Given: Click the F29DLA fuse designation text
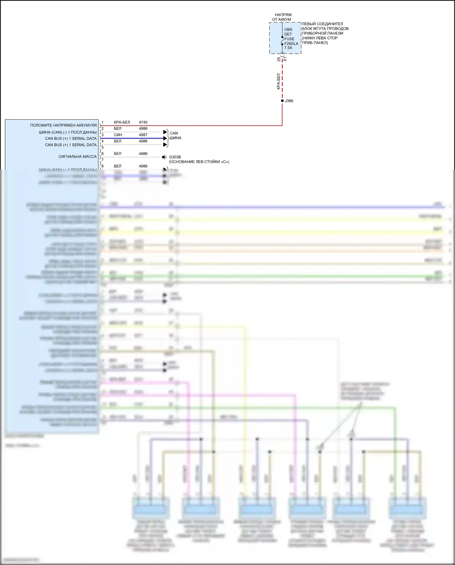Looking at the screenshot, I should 291,43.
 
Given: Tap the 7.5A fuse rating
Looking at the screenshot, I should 288,48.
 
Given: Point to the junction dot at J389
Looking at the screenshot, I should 282,101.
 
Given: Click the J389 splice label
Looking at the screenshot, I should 289,101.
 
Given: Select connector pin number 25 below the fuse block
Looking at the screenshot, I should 279,60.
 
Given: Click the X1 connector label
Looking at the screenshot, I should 285,60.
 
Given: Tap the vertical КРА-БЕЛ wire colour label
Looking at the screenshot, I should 278,81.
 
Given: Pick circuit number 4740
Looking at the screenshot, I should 143,122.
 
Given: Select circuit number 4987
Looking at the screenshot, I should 143,135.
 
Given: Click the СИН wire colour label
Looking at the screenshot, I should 118,135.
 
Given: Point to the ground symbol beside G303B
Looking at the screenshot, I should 164,157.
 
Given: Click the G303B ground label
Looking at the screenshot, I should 175,157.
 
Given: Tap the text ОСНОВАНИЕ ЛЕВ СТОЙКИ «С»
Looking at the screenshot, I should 199,162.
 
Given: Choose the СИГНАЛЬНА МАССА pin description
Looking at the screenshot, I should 77,157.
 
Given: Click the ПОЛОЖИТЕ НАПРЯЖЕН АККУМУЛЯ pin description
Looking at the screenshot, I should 63,125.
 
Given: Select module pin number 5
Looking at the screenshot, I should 103,147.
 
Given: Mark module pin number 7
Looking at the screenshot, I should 103,160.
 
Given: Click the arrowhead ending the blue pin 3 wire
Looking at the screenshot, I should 165,138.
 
